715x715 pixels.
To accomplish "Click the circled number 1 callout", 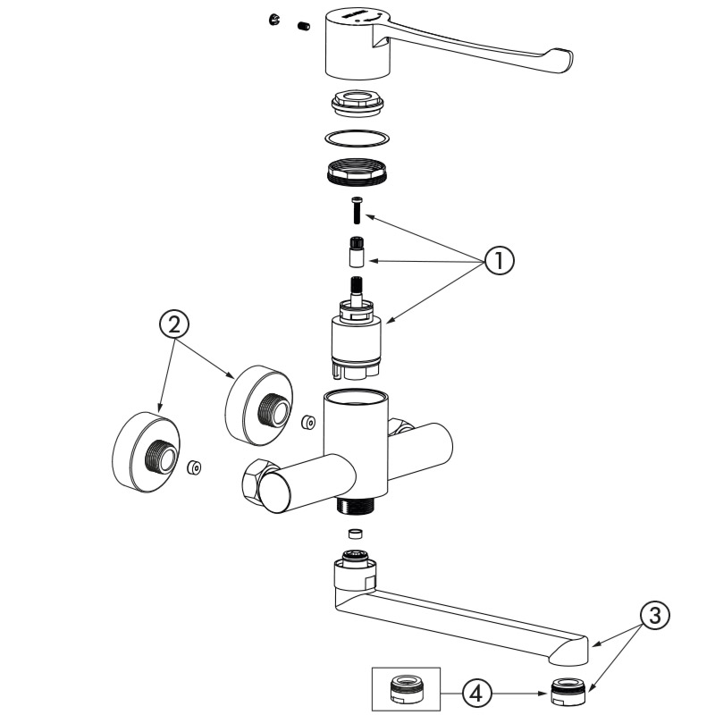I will click(500, 260).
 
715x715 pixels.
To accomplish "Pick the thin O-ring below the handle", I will click(357, 138).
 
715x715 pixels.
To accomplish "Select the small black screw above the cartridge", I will click(357, 211).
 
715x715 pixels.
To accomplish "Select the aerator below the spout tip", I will click(565, 691).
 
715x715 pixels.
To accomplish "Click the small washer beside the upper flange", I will click(308, 420).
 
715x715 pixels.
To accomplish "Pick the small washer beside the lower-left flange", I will click(193, 467).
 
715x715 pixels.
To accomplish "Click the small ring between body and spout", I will click(355, 534).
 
